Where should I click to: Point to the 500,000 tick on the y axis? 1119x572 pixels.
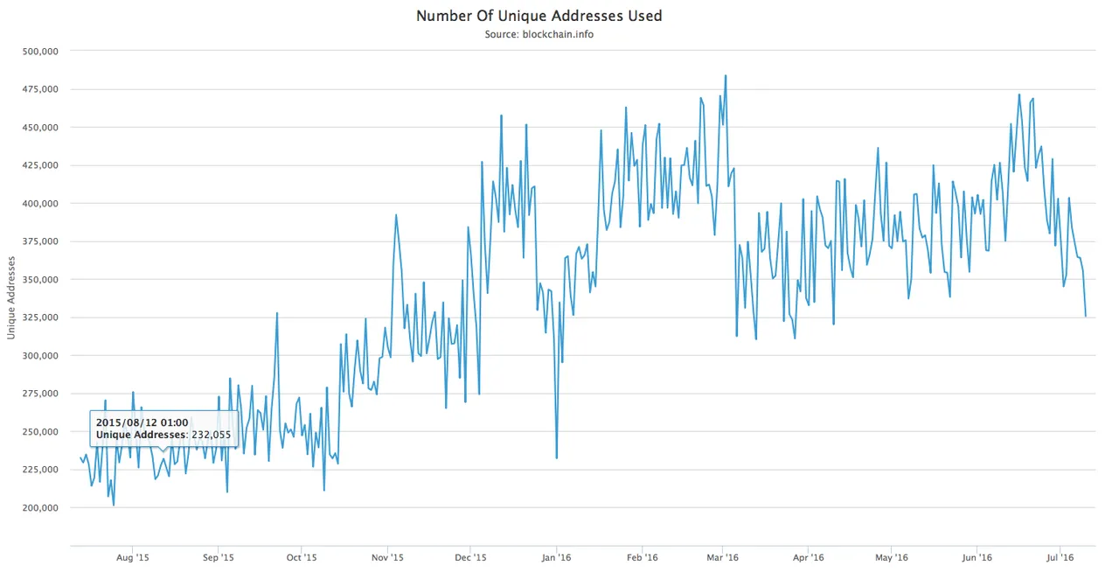38,51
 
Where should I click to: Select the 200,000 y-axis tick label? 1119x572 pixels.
38,507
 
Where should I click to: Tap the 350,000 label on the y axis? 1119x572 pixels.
38,279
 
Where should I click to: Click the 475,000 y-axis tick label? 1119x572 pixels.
38,89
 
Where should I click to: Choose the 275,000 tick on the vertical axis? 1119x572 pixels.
38,394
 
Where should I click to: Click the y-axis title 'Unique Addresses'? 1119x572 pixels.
11,298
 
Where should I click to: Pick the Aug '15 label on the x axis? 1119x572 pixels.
133,556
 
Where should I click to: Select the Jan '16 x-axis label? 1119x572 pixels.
557,556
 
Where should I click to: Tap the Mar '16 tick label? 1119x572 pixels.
722,556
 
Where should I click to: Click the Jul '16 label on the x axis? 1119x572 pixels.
1060,556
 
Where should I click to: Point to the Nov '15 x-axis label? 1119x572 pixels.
387,556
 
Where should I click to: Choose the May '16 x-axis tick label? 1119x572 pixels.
891,556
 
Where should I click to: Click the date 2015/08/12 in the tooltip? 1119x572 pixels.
142,422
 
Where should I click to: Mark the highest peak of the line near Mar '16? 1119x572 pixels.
726,75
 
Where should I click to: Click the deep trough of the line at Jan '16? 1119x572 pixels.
557,458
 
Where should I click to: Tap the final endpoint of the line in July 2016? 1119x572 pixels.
1086,317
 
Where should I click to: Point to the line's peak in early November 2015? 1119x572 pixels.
396,214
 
